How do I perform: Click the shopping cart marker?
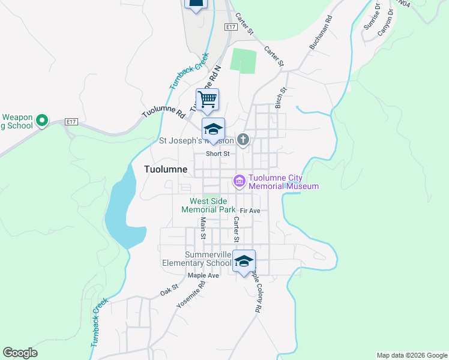pos(207,100)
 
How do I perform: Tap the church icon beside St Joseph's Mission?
pos(243,140)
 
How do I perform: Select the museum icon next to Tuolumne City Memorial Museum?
pos(239,181)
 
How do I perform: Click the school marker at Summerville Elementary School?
pos(244,262)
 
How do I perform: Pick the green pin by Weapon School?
pos(42,121)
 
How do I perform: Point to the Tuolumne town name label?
pos(166,170)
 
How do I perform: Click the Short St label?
pos(218,154)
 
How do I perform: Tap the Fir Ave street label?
pos(250,211)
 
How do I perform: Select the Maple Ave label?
pos(203,275)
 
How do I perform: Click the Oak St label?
pos(169,290)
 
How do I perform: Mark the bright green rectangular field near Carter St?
pos(244,61)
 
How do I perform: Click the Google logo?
pos(20,353)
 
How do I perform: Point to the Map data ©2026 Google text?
pos(412,355)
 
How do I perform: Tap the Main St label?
pos(203,228)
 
